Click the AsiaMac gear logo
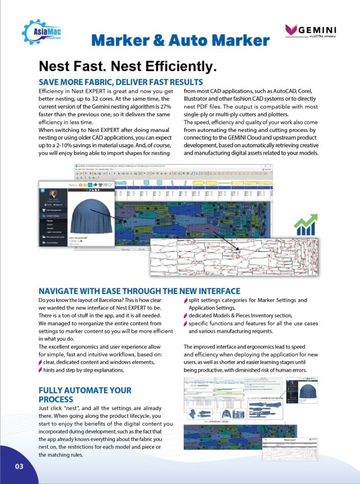41,32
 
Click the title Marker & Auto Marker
180,41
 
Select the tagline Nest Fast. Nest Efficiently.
127,66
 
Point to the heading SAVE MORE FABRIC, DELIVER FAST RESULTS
120,82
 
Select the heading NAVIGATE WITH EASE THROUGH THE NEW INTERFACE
139,291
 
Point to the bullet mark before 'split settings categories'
186,300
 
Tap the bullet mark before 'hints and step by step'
40,370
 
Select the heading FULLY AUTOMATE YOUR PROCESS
85,395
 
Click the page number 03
19,467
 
